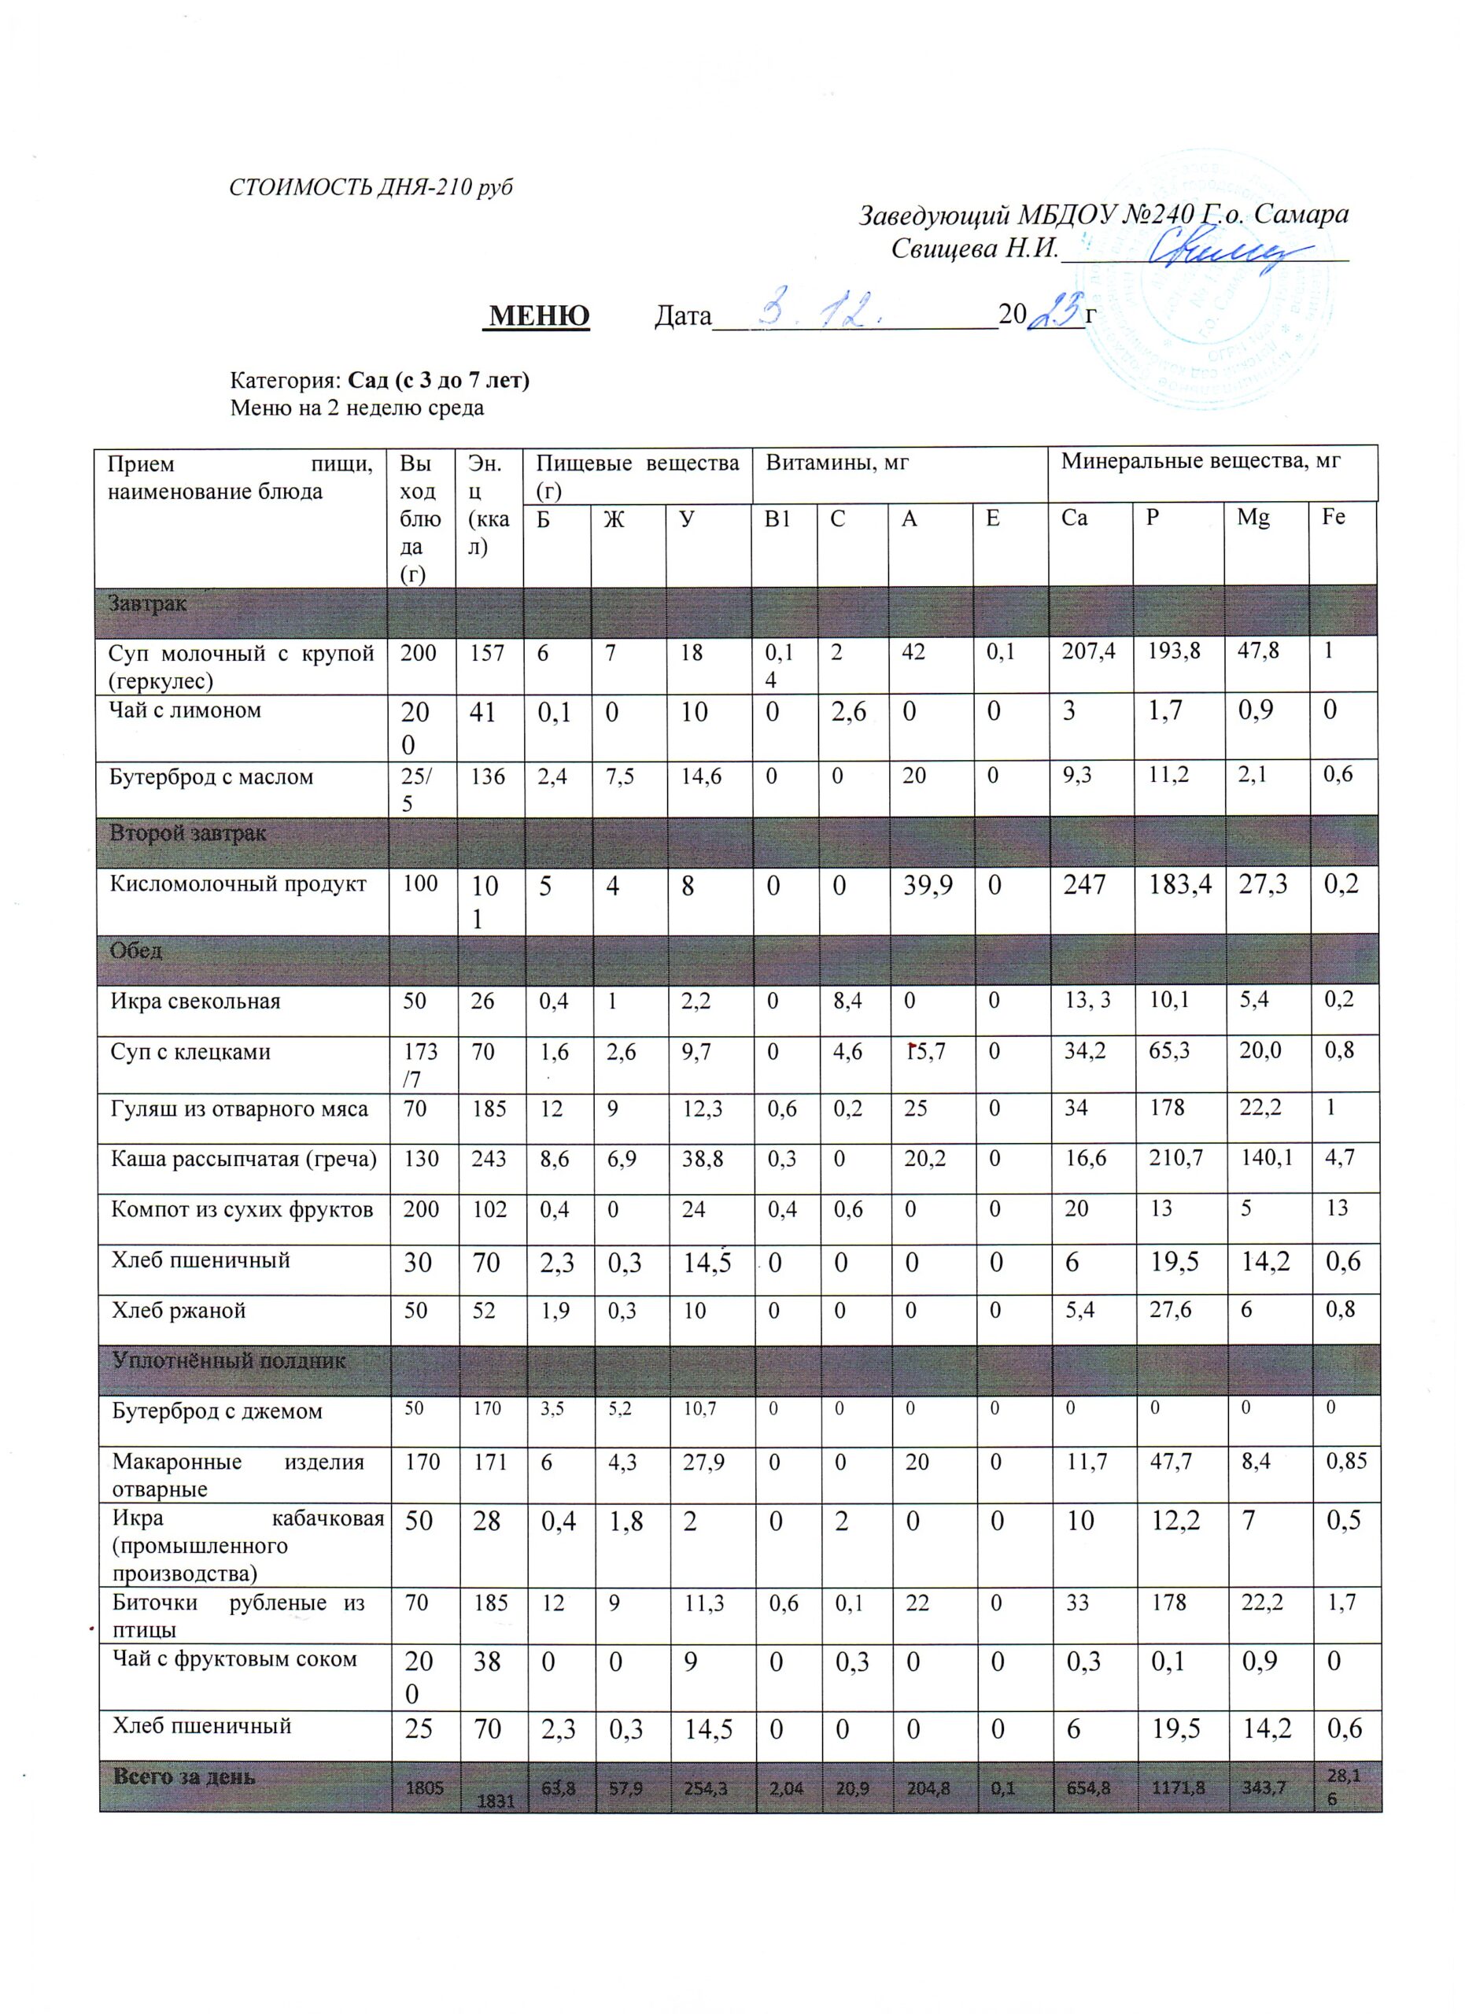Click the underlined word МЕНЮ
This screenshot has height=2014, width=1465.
pyautogui.click(x=539, y=315)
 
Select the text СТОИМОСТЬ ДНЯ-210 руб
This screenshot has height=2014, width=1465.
pyautogui.click(x=371, y=188)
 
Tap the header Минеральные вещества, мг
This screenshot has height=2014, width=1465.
pyautogui.click(x=1201, y=461)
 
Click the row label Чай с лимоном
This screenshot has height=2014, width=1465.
pyautogui.click(x=185, y=710)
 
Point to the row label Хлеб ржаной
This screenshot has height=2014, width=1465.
pyautogui.click(x=178, y=1311)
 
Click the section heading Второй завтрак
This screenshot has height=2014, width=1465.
pyautogui.click(x=187, y=834)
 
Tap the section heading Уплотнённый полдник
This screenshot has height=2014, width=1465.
pyautogui.click(x=228, y=1360)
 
